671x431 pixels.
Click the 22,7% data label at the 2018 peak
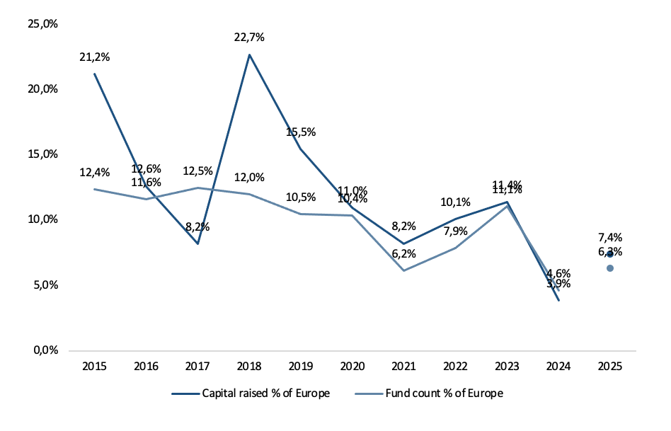tap(249, 38)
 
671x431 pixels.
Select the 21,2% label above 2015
tap(94, 57)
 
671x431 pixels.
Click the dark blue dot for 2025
tap(610, 254)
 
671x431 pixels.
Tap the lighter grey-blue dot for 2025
tap(610, 268)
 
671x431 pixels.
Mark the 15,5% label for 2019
tap(301, 132)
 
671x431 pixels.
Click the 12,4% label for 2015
tap(94, 172)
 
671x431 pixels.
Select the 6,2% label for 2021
tap(403, 253)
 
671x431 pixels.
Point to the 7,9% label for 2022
tap(455, 231)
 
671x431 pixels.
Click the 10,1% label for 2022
tap(455, 202)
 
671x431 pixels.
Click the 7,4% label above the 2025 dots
tap(609, 237)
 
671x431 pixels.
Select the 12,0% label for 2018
tap(249, 177)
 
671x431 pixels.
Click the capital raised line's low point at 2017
tap(197, 243)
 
